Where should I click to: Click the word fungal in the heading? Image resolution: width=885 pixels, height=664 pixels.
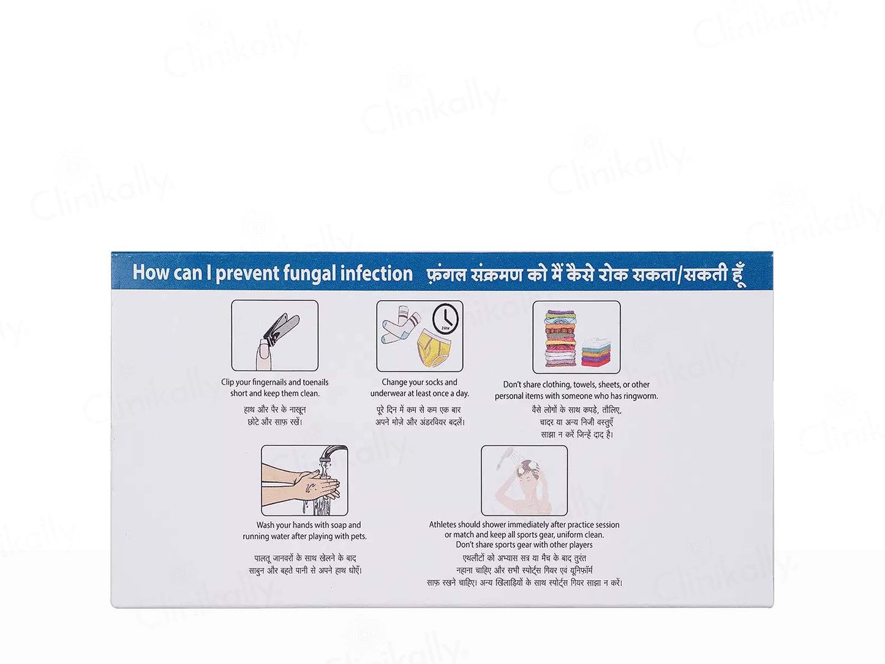tap(309, 273)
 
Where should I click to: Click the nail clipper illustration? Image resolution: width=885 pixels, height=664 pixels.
tap(281, 327)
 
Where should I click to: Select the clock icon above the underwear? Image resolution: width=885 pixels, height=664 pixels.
tap(445, 318)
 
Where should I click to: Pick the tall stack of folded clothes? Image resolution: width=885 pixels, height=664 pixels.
tap(560, 338)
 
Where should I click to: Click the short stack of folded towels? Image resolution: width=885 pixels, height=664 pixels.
tap(597, 351)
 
